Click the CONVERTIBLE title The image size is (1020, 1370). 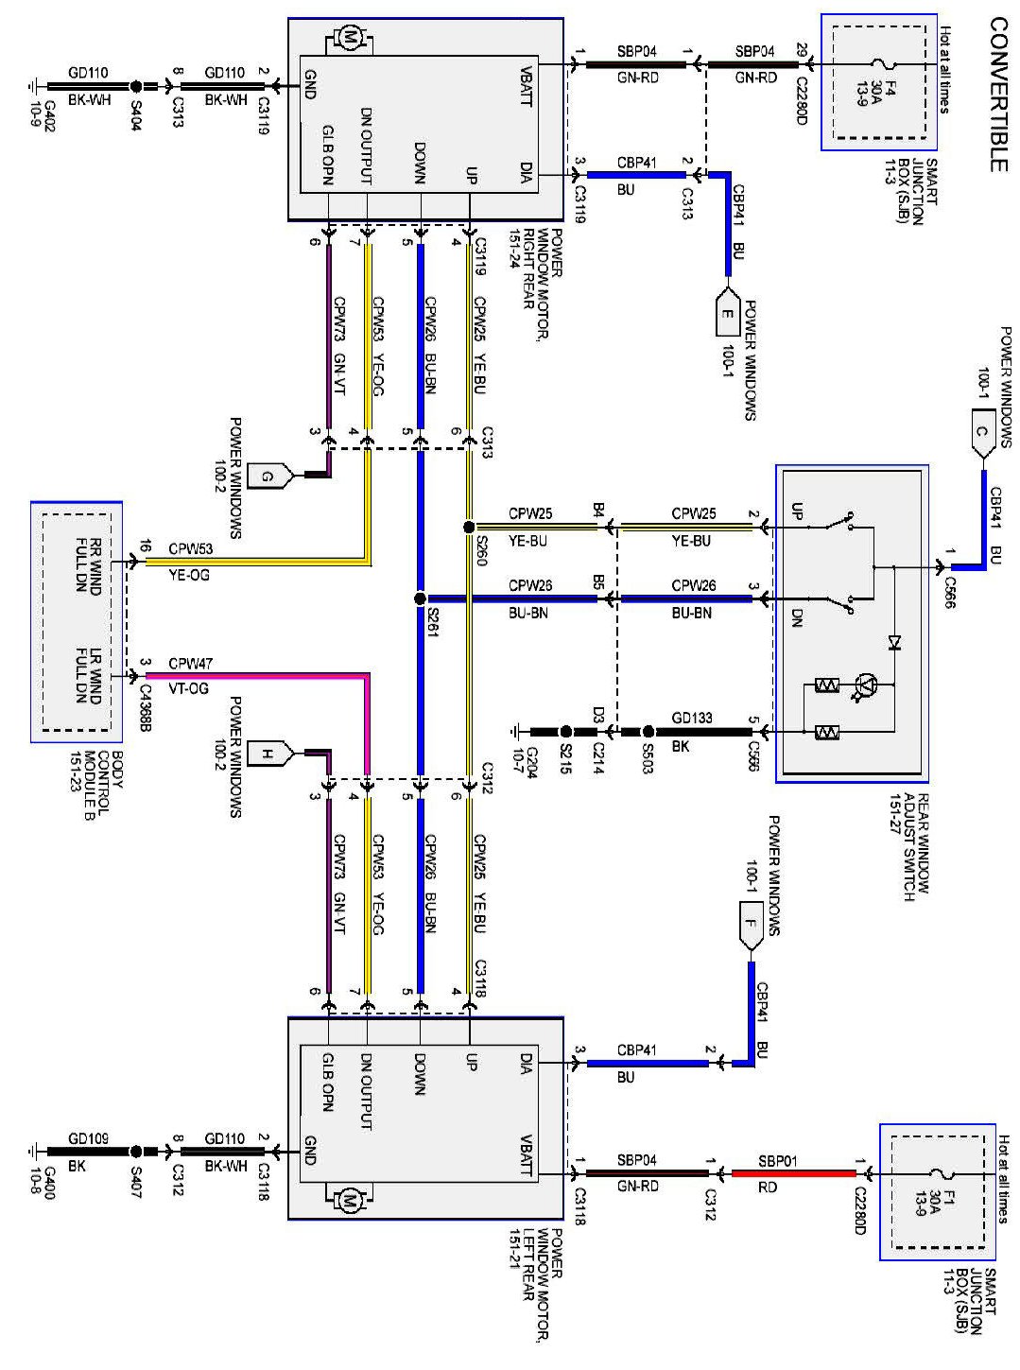pyautogui.click(x=997, y=94)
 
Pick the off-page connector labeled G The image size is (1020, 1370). pyautogui.click(x=268, y=476)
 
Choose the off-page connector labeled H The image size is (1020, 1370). pyautogui.click(x=268, y=754)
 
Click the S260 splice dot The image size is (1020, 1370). pyautogui.click(x=469, y=527)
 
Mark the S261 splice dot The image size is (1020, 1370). pyautogui.click(x=420, y=598)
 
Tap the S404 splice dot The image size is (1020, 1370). pyautogui.click(x=135, y=86)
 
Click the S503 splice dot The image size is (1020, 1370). pyautogui.click(x=647, y=732)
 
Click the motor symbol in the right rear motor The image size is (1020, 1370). pyautogui.click(x=349, y=40)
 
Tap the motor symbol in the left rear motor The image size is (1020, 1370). pyautogui.click(x=349, y=1201)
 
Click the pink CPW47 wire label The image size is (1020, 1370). pyautogui.click(x=190, y=664)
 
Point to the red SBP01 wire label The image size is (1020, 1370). pyautogui.click(x=777, y=1161)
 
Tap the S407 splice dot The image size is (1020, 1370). pyautogui.click(x=135, y=1152)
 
